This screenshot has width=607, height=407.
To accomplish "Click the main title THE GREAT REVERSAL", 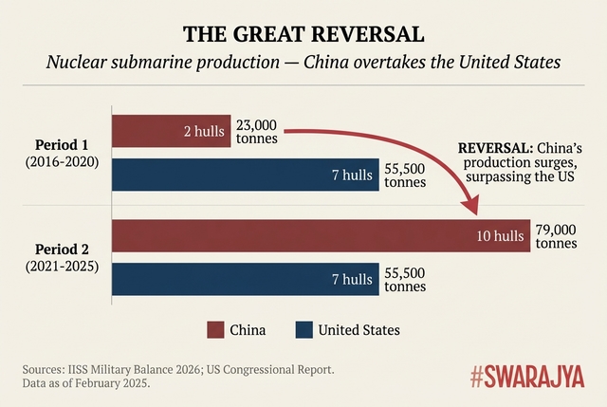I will [303, 35].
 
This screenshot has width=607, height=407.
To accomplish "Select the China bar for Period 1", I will [171, 130].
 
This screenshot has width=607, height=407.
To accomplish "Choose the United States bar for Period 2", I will [246, 279].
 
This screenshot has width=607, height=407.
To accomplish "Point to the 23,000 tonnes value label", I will [256, 131].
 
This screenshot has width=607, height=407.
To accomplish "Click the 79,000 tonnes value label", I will [556, 236].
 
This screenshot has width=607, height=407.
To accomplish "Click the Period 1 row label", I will [63, 145].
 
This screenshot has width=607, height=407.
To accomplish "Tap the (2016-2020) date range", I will [63, 164].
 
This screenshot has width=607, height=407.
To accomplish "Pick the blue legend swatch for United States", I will [304, 330].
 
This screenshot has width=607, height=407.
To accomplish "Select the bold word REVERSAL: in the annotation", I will [494, 149].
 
